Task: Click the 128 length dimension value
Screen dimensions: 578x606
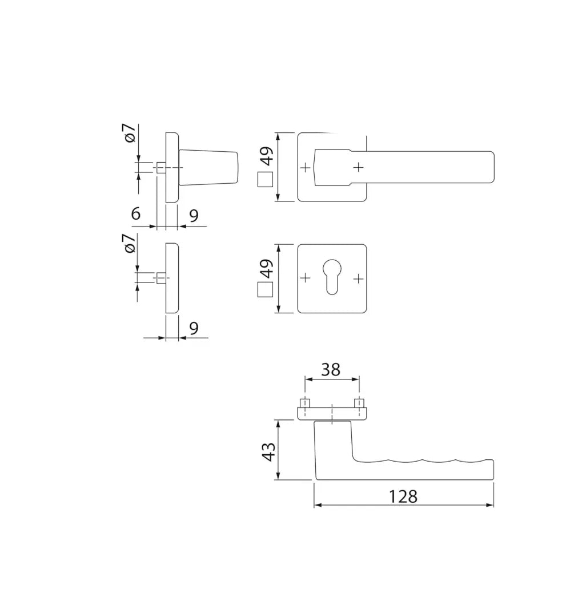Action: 403,496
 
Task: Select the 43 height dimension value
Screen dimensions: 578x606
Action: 268,452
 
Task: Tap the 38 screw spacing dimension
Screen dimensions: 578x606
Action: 331,369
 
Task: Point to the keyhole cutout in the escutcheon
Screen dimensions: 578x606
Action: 332,276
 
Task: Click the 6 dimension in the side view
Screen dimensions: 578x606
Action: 135,214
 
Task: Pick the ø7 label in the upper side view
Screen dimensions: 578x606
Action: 130,133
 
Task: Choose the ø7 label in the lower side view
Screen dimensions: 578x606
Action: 130,243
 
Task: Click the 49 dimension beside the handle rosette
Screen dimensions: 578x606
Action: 267,156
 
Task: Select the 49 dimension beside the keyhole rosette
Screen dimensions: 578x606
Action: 267,268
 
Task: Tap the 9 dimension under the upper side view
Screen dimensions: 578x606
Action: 194,216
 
